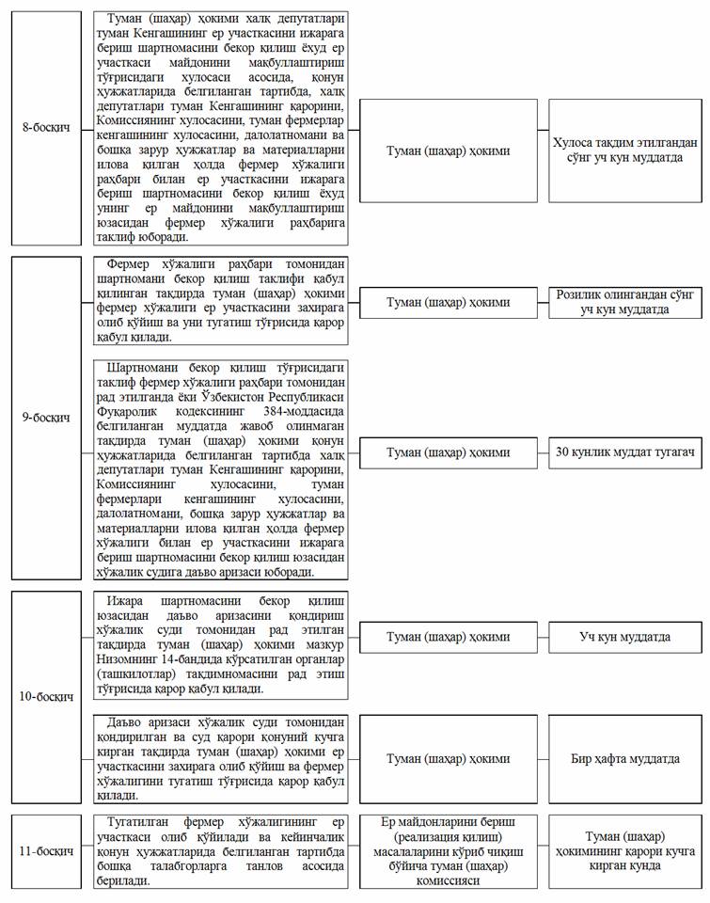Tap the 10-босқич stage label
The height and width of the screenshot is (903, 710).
coord(48,697)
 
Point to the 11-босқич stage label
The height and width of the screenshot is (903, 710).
coord(48,851)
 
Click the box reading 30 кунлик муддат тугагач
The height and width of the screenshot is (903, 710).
coord(625,452)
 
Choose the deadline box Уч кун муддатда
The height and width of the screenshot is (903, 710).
coord(625,637)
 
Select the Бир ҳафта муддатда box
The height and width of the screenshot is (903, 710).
coord(625,758)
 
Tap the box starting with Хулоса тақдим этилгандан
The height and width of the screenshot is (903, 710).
coord(625,150)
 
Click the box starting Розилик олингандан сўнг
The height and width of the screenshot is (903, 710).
coord(625,302)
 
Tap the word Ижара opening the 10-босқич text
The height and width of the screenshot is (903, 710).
coord(128,600)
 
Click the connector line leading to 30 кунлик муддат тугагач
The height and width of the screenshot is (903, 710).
coord(544,452)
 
